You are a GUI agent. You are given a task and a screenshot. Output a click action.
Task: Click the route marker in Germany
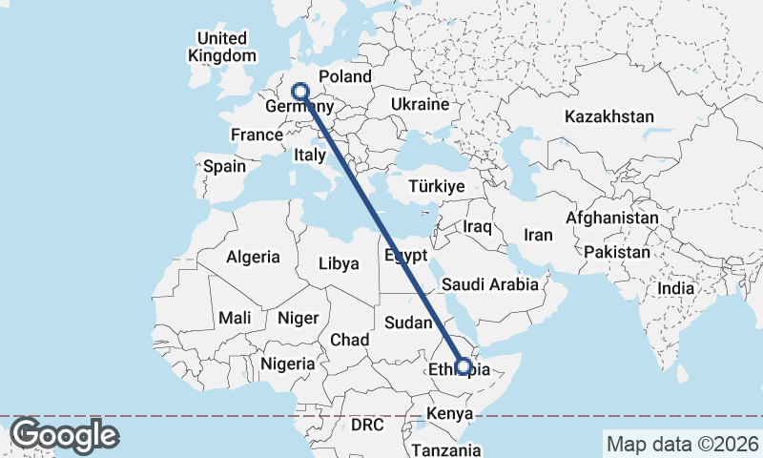[x=300, y=92]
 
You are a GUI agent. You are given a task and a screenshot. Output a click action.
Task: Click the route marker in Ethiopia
[x=463, y=365]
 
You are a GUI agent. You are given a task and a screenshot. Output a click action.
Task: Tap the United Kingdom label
[x=221, y=47]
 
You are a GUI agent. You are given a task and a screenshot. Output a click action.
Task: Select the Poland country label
[x=345, y=77]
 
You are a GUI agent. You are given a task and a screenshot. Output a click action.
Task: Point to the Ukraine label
[x=420, y=104]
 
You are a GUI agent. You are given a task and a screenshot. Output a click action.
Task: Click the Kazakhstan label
[x=608, y=116]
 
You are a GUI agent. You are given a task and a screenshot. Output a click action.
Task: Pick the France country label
[x=257, y=135]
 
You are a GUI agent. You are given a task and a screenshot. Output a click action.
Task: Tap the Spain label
[x=225, y=166]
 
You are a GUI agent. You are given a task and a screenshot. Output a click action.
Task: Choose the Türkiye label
[x=436, y=187]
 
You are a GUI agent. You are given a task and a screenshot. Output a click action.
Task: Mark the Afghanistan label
[x=611, y=219]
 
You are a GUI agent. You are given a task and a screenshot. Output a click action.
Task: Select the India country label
[x=675, y=287]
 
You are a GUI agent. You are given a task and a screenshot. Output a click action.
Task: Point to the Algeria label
[x=253, y=257]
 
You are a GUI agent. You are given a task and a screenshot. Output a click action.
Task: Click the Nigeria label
[x=287, y=364]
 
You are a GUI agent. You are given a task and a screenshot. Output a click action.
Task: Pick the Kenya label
[x=449, y=414]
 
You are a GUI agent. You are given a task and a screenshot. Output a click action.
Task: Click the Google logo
[x=64, y=435]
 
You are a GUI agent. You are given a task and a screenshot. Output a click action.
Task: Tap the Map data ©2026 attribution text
[x=682, y=444]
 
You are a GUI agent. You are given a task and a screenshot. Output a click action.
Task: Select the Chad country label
[x=349, y=340]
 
